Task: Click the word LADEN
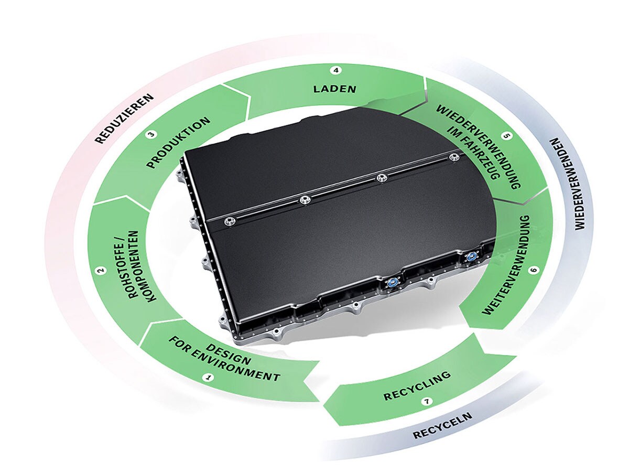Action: click(x=334, y=88)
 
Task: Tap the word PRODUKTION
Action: click(x=178, y=143)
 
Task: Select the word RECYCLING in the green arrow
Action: click(x=417, y=386)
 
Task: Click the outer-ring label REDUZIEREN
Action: click(x=125, y=119)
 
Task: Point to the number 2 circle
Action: click(x=100, y=271)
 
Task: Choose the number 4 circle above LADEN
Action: click(x=336, y=70)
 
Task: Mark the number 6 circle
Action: click(x=533, y=271)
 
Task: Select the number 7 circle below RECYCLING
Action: click(x=427, y=402)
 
